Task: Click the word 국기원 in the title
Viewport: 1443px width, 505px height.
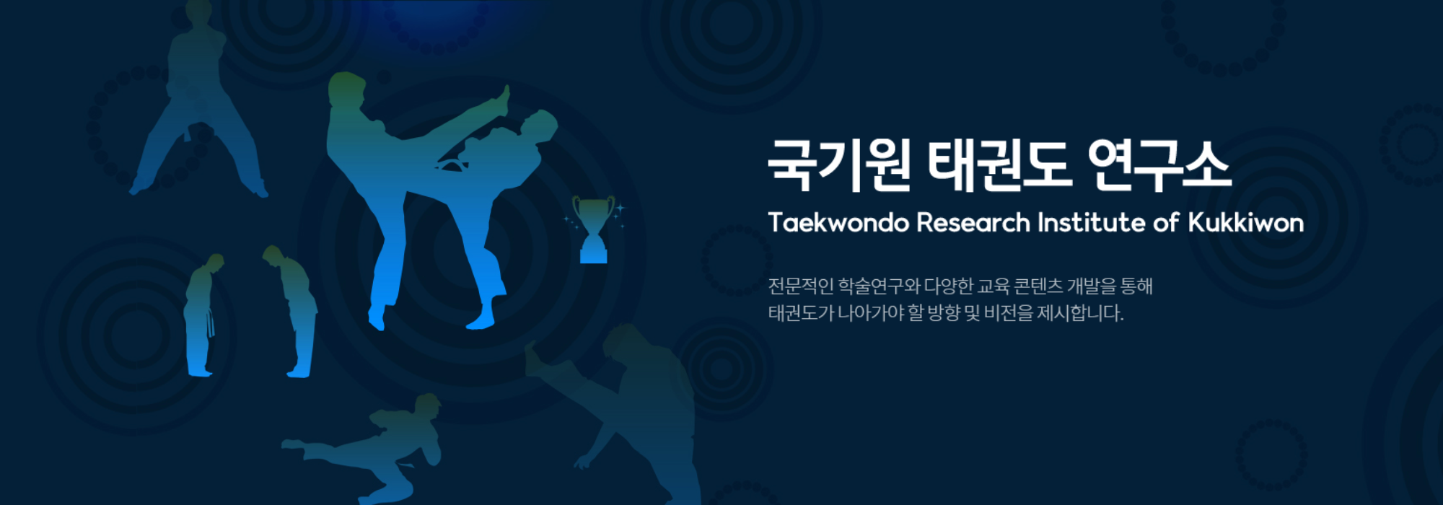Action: (838, 165)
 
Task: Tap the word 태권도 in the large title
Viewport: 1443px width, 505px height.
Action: (996, 165)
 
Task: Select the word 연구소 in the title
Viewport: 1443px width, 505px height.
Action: (1158, 165)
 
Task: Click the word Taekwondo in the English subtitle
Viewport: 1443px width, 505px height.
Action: (838, 222)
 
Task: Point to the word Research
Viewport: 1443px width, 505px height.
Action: (973, 222)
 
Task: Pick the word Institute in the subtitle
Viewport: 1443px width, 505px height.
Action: (1092, 222)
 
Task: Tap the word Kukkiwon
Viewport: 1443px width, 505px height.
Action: (1246, 222)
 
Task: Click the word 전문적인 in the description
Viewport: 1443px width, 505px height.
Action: (801, 286)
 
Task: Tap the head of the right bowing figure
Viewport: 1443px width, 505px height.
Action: (271, 253)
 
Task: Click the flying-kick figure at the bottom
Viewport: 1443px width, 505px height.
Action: (368, 447)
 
